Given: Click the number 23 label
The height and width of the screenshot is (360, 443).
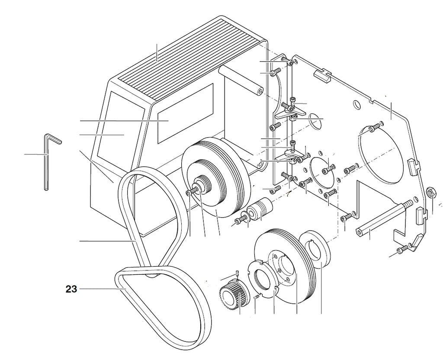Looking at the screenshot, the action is click(x=71, y=289).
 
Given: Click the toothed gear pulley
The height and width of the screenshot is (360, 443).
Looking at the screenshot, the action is click(x=233, y=295).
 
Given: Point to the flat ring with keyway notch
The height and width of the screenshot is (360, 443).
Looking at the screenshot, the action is click(x=315, y=249).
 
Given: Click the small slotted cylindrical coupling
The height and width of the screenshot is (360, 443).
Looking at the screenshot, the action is click(x=260, y=209).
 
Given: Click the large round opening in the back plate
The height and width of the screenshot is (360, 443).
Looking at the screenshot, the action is click(x=381, y=154).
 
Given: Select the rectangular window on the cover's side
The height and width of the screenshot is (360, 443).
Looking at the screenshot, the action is click(x=185, y=113).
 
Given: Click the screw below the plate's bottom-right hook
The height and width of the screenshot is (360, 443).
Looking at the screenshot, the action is click(x=402, y=249).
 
